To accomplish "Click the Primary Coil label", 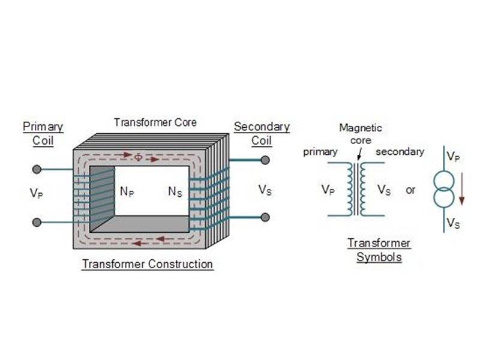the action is pos(43,134).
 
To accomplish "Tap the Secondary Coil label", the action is pos(262,134).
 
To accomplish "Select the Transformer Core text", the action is pos(155,122).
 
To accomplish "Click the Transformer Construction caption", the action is pos(148,264).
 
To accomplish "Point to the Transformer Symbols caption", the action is pos(379,250).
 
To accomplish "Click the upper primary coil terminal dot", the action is pos(37,169).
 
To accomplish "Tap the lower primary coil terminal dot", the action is pos(37,222).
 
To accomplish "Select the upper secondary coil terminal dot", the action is pos(265,160).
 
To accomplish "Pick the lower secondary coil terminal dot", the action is pos(265,217).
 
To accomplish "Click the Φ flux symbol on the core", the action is pos(139,157).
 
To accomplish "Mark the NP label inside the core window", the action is pos(127,192).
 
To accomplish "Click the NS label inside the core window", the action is pos(175,192).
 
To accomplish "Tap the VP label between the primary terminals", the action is pos(36,193).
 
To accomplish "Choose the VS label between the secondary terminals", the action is pos(265,190).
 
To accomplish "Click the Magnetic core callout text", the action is pos(361,134).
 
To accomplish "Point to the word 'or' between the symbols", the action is pos(410,190).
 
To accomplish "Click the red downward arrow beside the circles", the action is pos(462,188).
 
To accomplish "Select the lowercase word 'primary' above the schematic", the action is pos(320,152).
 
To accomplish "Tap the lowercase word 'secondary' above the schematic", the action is pos(400,152).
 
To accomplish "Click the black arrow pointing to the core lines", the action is pos(360,154).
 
